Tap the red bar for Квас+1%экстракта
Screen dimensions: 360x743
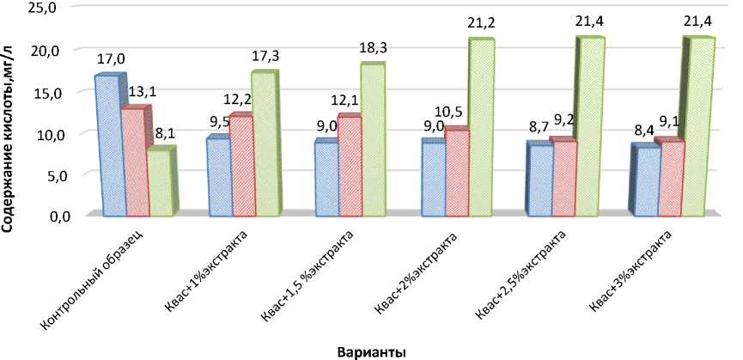pos(241,165)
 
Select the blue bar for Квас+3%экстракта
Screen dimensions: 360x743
pos(645,180)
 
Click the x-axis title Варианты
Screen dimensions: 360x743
pos(371,351)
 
